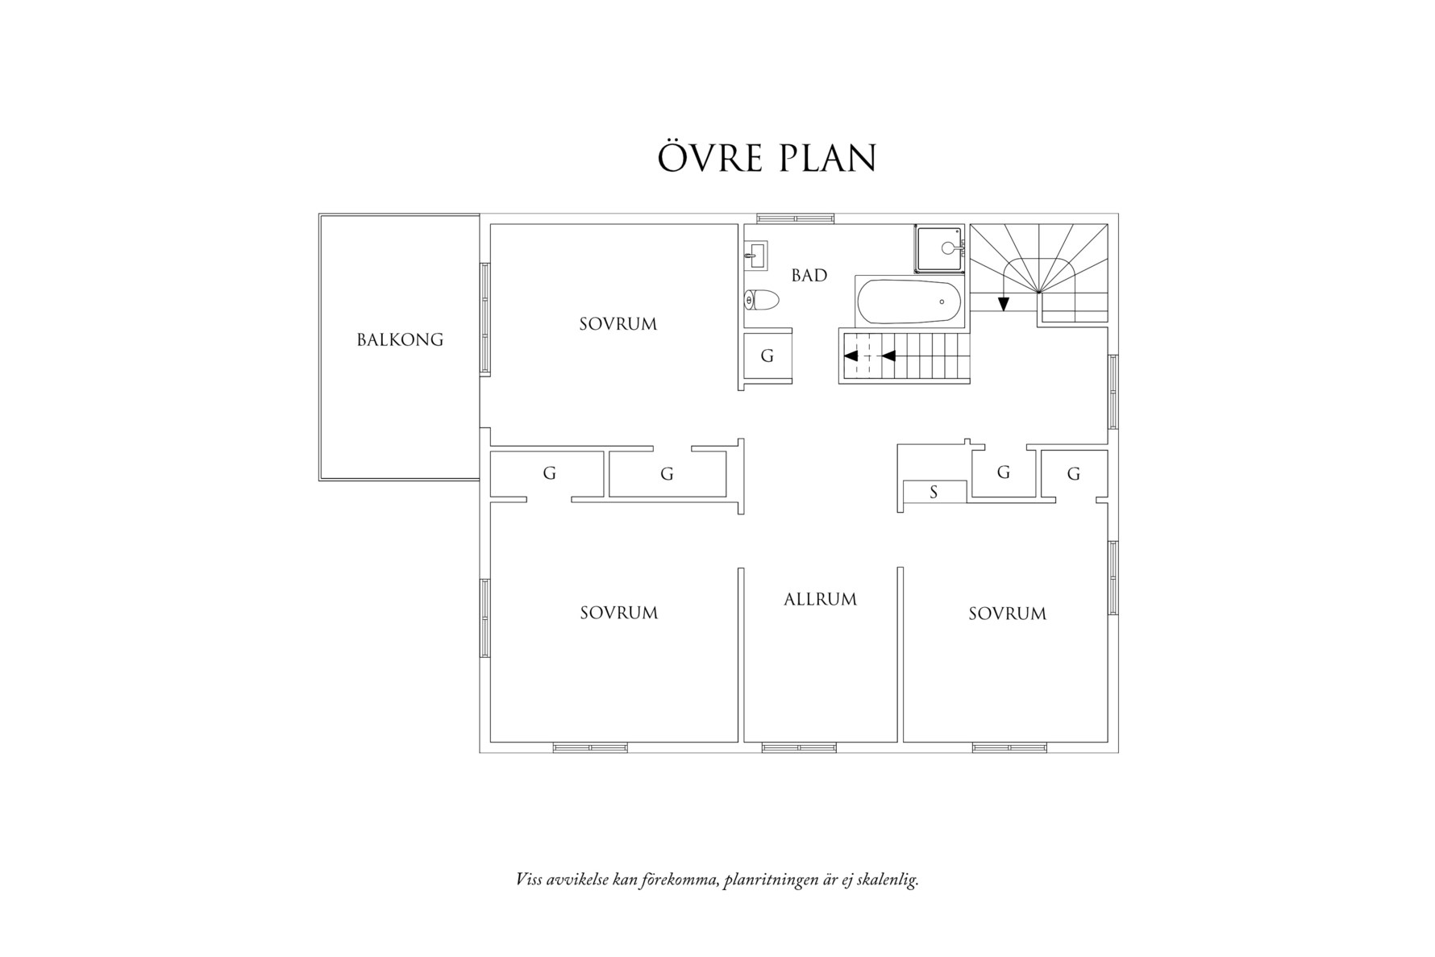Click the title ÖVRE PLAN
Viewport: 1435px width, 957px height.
pyautogui.click(x=767, y=159)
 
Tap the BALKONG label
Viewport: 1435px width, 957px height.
pyautogui.click(x=400, y=339)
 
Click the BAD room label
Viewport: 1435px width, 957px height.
pyautogui.click(x=809, y=276)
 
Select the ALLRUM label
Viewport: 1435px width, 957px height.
pyautogui.click(x=820, y=599)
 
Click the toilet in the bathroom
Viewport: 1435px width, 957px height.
pyautogui.click(x=761, y=301)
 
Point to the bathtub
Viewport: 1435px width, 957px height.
pyautogui.click(x=909, y=302)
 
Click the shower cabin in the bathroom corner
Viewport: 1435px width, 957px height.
pyautogui.click(x=939, y=248)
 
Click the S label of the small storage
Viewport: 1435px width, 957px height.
pyautogui.click(x=934, y=492)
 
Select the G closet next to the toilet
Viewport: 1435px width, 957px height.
pyautogui.click(x=767, y=356)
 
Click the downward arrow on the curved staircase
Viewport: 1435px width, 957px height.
pyautogui.click(x=1003, y=303)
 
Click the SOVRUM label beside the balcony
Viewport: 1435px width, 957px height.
pyautogui.click(x=618, y=324)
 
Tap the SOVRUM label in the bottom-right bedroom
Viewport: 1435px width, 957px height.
pyautogui.click(x=1007, y=614)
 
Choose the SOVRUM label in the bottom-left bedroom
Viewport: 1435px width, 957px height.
pyautogui.click(x=619, y=613)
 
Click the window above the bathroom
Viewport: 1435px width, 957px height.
pyautogui.click(x=795, y=218)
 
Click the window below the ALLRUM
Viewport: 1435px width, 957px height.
pyautogui.click(x=799, y=748)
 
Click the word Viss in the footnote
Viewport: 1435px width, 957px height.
pyautogui.click(x=528, y=879)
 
